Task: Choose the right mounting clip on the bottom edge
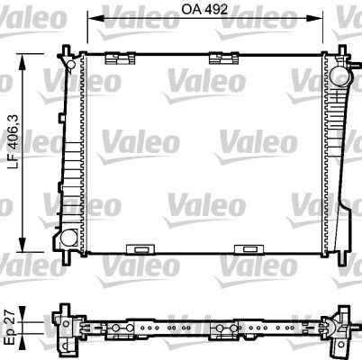tap(245, 249)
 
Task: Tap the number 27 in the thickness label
tap(8, 316)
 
